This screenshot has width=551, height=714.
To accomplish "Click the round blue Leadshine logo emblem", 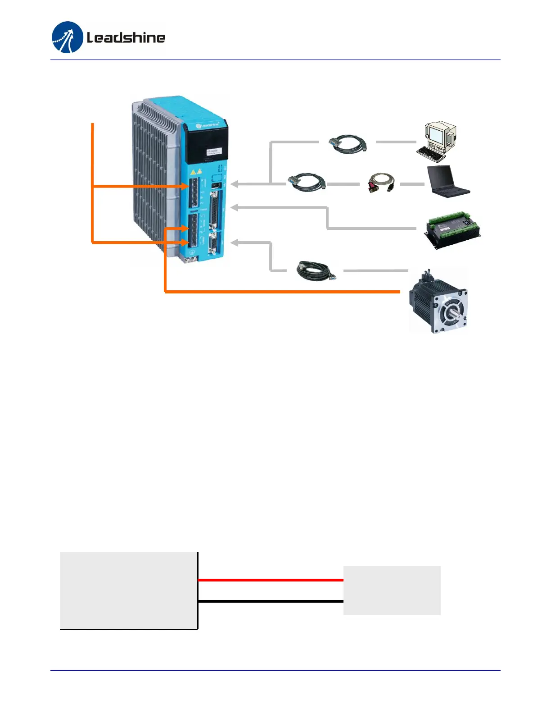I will tap(68, 37).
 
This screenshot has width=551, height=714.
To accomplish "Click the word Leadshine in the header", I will tap(126, 37).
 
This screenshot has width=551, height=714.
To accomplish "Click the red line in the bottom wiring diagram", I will tap(270, 580).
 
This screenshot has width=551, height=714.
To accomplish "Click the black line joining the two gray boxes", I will tap(270, 601).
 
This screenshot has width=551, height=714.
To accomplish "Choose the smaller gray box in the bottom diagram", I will tap(392, 590).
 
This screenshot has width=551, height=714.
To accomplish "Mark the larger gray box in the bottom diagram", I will tap(128, 590).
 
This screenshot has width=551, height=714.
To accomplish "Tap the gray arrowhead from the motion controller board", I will tap(235, 207).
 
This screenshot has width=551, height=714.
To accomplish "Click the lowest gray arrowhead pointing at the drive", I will tap(235, 243).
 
